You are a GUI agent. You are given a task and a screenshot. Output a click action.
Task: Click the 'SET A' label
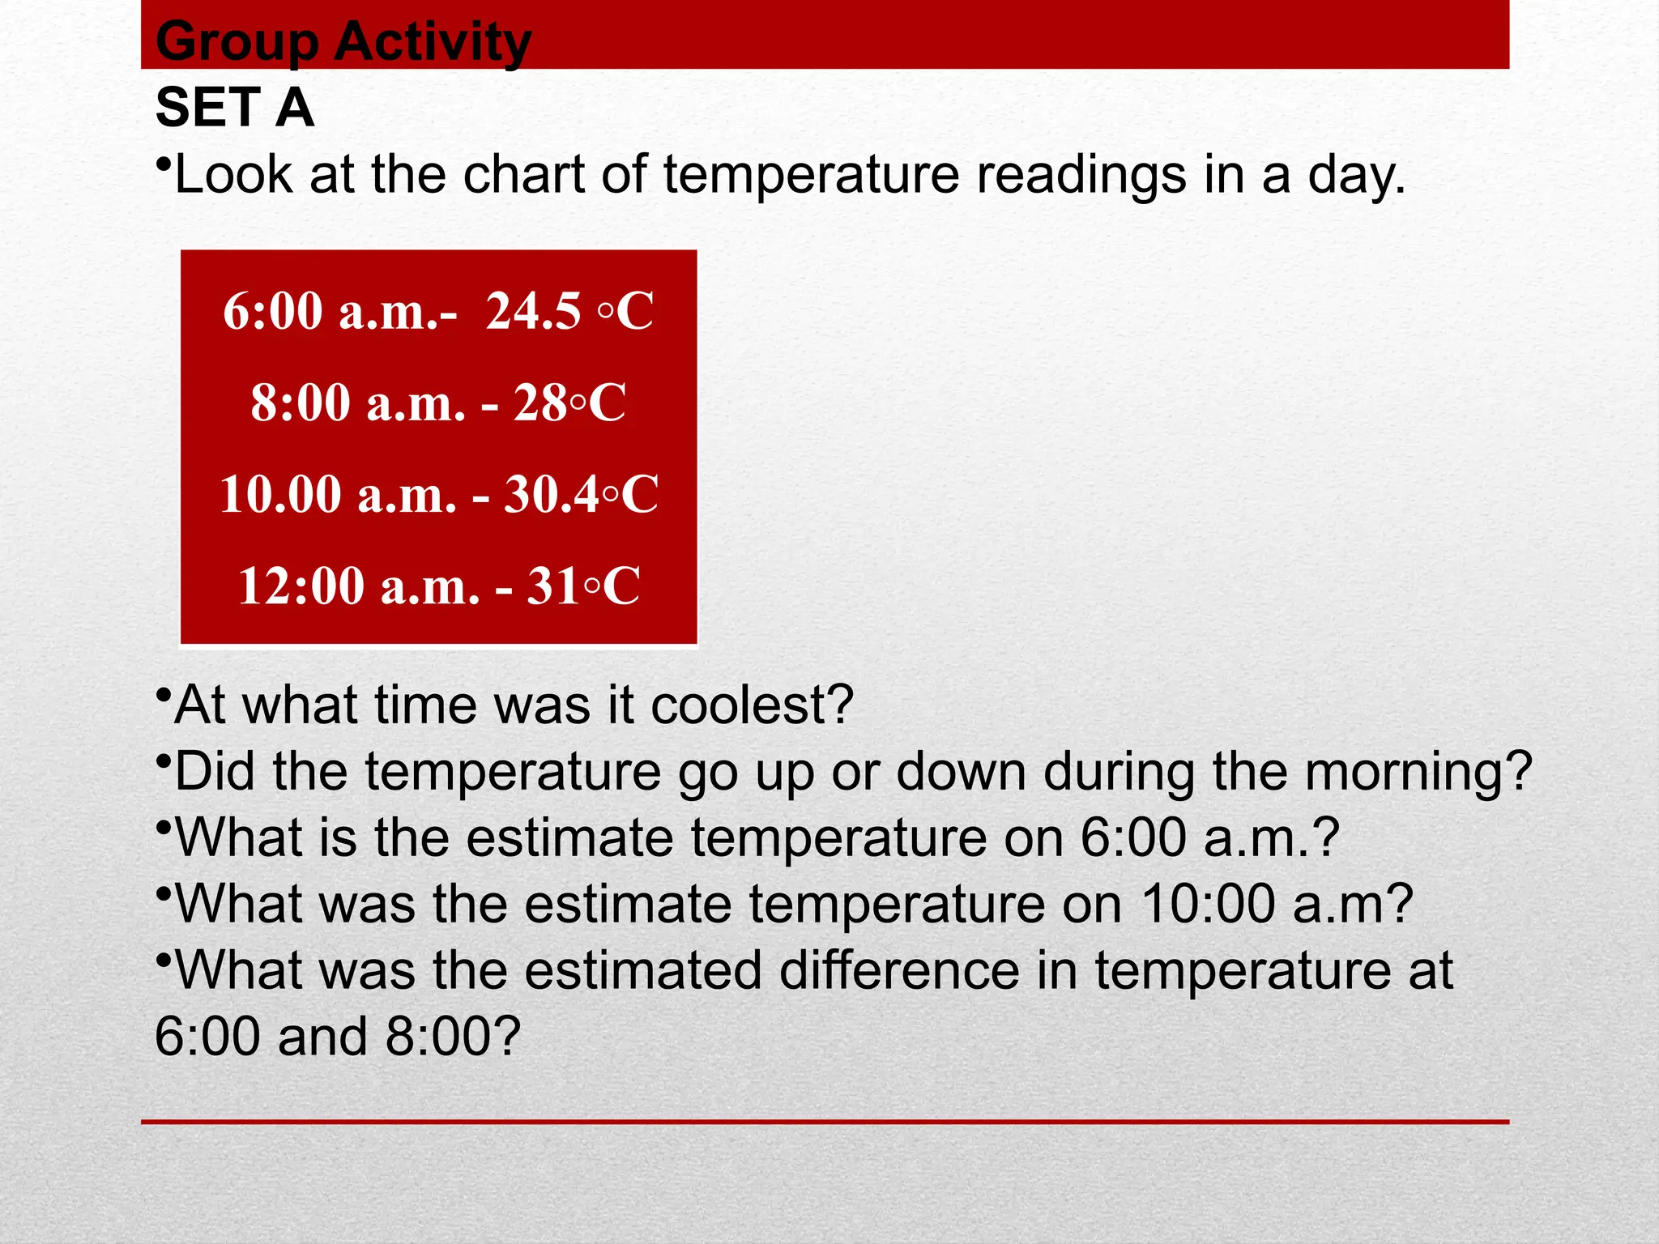coord(234,108)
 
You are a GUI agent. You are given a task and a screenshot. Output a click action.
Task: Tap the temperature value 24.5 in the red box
coord(533,310)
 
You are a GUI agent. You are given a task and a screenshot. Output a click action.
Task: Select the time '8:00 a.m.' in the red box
coord(357,403)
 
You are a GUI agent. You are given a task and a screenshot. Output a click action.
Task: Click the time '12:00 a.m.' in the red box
coord(358,586)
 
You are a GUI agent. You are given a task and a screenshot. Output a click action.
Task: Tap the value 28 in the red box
coord(540,403)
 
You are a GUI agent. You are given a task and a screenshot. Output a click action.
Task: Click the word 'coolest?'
coord(752,705)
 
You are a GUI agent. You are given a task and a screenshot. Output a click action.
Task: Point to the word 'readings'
coord(1081,176)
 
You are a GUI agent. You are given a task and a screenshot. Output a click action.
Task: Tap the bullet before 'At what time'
coord(163,696)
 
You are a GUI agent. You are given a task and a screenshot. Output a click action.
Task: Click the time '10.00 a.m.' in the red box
coord(338,494)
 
